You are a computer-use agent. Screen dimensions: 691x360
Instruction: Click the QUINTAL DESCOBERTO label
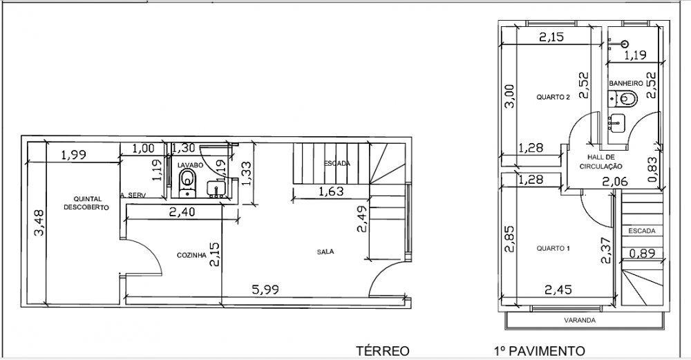tap(86, 202)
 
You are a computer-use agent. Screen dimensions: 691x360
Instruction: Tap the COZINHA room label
tap(191, 255)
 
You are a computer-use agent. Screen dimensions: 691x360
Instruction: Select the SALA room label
tap(325, 252)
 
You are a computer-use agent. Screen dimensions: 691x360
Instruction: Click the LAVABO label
tap(191, 164)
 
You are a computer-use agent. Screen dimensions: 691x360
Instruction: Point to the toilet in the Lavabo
tap(187, 182)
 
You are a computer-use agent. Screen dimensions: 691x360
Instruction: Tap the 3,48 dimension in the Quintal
tap(39, 222)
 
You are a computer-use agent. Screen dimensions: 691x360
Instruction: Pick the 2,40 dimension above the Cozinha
tap(182, 212)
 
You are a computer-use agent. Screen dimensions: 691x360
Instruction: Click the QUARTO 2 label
tap(553, 97)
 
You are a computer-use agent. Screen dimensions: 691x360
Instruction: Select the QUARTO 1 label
tap(553, 248)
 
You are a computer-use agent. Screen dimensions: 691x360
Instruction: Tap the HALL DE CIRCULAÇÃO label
tap(600, 162)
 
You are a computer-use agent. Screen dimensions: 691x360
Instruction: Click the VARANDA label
tap(580, 321)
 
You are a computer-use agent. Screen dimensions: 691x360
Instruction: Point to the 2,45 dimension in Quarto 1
tap(558, 290)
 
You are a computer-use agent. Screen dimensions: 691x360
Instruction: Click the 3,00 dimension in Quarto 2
tap(509, 96)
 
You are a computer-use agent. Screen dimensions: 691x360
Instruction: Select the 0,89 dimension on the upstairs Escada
tap(642, 254)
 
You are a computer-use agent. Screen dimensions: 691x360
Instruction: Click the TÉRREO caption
tap(383, 351)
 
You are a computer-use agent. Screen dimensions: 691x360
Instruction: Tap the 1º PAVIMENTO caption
tap(540, 351)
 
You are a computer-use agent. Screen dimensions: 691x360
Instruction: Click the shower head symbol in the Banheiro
tap(625, 44)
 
